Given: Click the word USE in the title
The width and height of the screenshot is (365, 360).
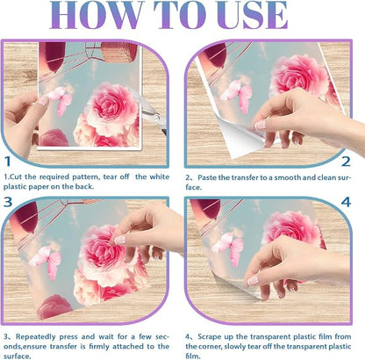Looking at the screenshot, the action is pos(253,15).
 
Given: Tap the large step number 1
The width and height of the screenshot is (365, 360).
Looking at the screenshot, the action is pos(8,162).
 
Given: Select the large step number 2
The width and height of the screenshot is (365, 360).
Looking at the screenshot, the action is pos(346,162).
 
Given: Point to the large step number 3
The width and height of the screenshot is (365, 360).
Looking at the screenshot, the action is pos(8,202).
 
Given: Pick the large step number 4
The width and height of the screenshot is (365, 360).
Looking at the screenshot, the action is pos(346,202).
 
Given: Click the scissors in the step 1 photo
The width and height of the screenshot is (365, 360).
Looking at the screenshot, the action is pos(152,112).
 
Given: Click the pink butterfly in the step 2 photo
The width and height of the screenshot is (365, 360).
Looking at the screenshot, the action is pos(236,95).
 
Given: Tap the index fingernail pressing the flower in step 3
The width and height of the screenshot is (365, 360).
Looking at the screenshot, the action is pos(120,240).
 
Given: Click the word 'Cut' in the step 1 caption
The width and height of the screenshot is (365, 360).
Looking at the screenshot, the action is pos(17,176).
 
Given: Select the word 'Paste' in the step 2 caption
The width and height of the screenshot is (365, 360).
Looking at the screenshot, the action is pos(208,177).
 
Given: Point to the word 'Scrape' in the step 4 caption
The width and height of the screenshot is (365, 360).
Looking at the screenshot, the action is pos(210,337).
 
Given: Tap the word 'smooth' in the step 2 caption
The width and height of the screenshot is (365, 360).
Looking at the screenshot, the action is pos(288,177).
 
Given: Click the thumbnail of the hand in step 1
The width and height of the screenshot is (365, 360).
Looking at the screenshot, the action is pos(43,101).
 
